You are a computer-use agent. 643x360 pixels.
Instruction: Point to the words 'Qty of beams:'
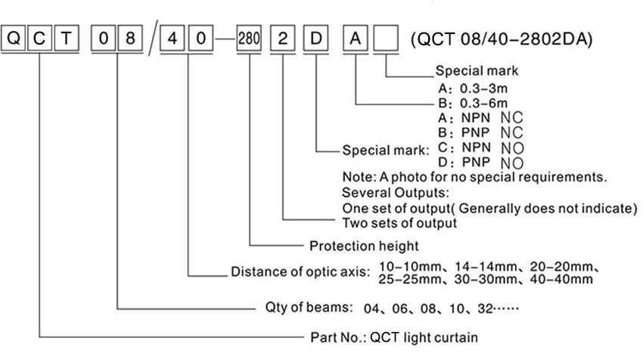[292, 308]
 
